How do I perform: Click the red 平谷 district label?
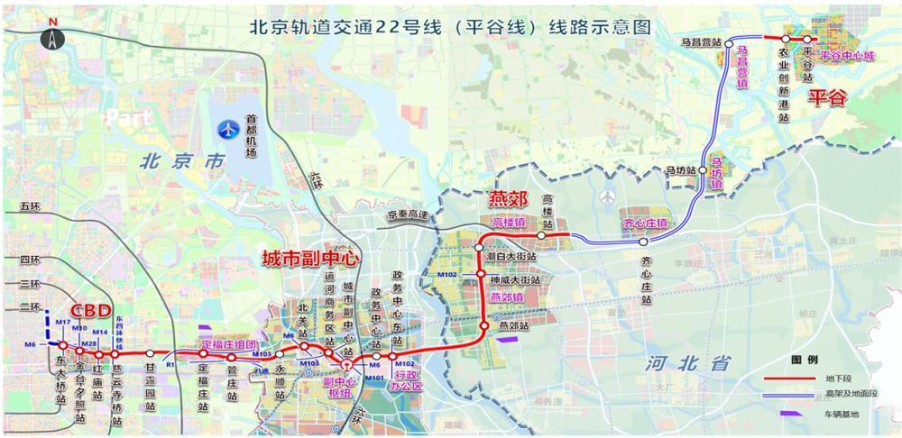827,97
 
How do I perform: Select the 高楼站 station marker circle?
541,235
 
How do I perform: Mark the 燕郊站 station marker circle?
484,325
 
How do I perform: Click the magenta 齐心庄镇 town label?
644,222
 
